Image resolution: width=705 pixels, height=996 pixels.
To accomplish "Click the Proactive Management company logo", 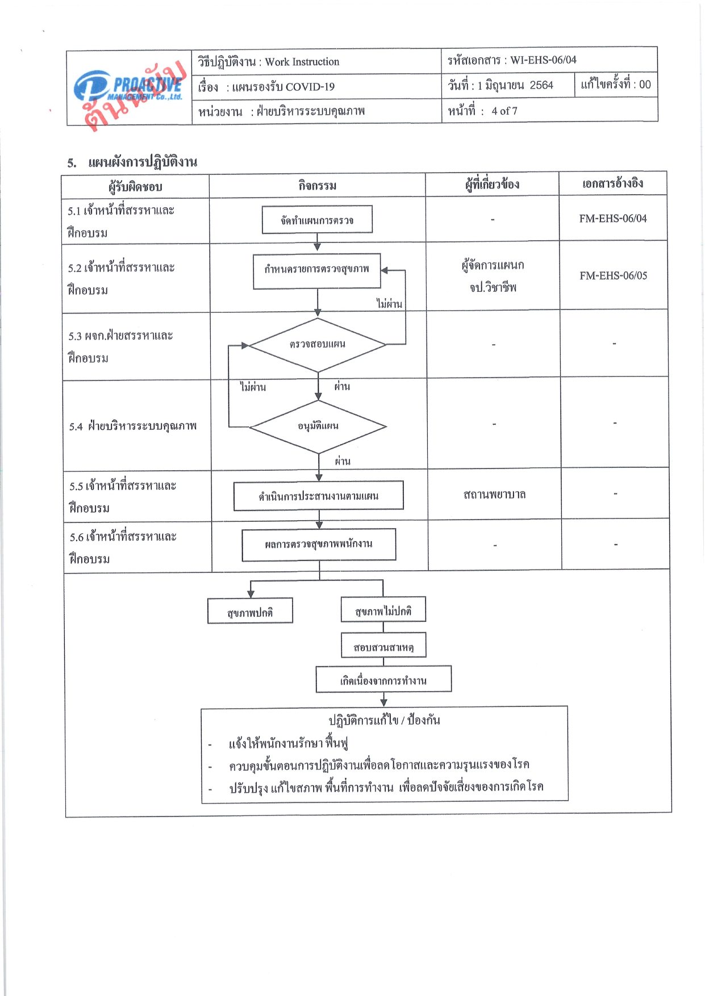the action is (128, 88).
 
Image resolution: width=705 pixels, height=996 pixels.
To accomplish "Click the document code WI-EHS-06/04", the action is (543, 60).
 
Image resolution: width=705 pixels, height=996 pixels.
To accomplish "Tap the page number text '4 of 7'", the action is (504, 111).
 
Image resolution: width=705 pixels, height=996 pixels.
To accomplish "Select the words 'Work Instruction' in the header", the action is (302, 62).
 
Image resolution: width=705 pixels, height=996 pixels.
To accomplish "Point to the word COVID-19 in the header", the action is (310, 87).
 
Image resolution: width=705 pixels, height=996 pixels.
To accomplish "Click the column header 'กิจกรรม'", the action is (318, 186).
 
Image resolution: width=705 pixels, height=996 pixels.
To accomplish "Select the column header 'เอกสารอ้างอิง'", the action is (613, 183).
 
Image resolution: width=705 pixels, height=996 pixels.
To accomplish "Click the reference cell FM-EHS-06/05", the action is (613, 275).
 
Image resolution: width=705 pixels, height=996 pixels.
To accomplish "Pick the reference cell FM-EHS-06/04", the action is (613, 219).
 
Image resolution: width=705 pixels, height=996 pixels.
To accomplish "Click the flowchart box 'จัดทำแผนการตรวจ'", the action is (317, 220).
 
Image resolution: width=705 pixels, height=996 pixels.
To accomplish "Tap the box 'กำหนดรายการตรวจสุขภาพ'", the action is (317, 271).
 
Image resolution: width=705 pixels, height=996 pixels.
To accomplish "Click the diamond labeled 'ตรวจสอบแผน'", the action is (318, 345).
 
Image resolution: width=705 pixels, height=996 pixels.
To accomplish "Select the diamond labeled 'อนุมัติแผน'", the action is (318, 426).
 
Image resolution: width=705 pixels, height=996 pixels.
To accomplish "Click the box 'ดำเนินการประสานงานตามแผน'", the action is (319, 496).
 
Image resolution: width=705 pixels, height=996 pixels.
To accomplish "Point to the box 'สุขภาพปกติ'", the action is (250, 611).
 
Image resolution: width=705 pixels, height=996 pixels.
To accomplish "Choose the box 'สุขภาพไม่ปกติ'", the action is (383, 610).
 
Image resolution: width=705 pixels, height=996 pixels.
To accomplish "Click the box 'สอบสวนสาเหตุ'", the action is (383, 646).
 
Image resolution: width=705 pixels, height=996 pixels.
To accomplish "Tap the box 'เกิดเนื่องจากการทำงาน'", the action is (383, 679).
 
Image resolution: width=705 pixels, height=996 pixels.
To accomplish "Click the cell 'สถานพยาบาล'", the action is (494, 495).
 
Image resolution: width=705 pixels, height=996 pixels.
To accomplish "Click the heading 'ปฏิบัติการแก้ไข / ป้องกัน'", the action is (385, 721).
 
